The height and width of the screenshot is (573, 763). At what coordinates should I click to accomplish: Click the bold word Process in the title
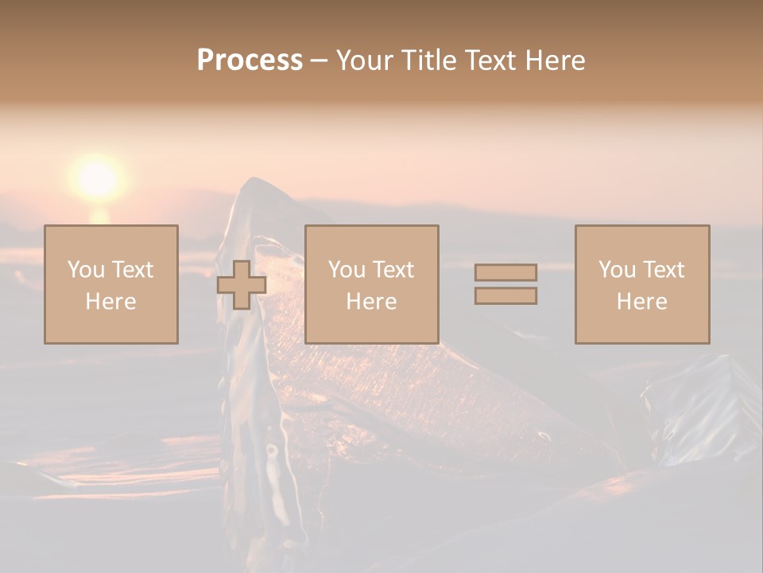(x=250, y=60)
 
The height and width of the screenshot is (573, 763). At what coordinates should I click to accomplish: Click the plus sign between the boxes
(x=242, y=285)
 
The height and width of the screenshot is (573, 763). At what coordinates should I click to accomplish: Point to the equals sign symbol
(x=505, y=284)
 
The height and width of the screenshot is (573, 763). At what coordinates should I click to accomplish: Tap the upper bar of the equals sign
(x=505, y=272)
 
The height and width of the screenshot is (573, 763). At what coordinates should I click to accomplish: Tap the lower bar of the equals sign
(x=505, y=295)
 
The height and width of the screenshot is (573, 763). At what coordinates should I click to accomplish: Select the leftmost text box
(x=110, y=284)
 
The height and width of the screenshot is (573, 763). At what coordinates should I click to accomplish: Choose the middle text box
(x=371, y=284)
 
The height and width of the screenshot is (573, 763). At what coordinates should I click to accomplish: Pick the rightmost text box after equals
(x=641, y=284)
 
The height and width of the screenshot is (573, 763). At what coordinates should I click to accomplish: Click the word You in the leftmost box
(x=86, y=270)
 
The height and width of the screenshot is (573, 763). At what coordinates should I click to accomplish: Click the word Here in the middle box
(x=371, y=302)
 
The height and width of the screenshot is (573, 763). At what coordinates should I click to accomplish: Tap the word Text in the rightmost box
(x=663, y=270)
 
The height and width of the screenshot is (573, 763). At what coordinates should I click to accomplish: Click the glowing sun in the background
(x=98, y=177)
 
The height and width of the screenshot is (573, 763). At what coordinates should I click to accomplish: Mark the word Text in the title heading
(x=490, y=60)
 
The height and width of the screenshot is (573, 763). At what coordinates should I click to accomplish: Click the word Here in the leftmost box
(x=110, y=302)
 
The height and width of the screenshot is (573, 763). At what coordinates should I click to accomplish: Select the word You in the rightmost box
(x=617, y=270)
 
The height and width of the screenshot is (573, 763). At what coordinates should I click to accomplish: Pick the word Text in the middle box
(x=393, y=270)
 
